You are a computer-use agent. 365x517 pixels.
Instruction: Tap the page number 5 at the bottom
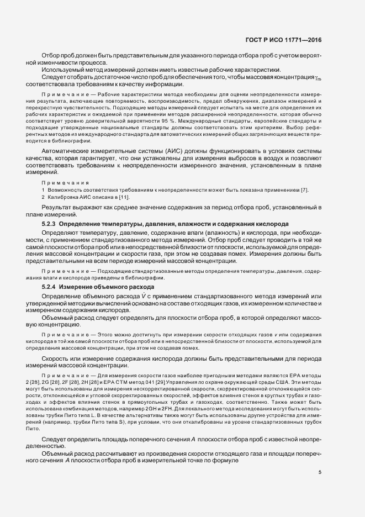(320, 472)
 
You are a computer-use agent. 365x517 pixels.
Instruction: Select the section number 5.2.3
(49, 224)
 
